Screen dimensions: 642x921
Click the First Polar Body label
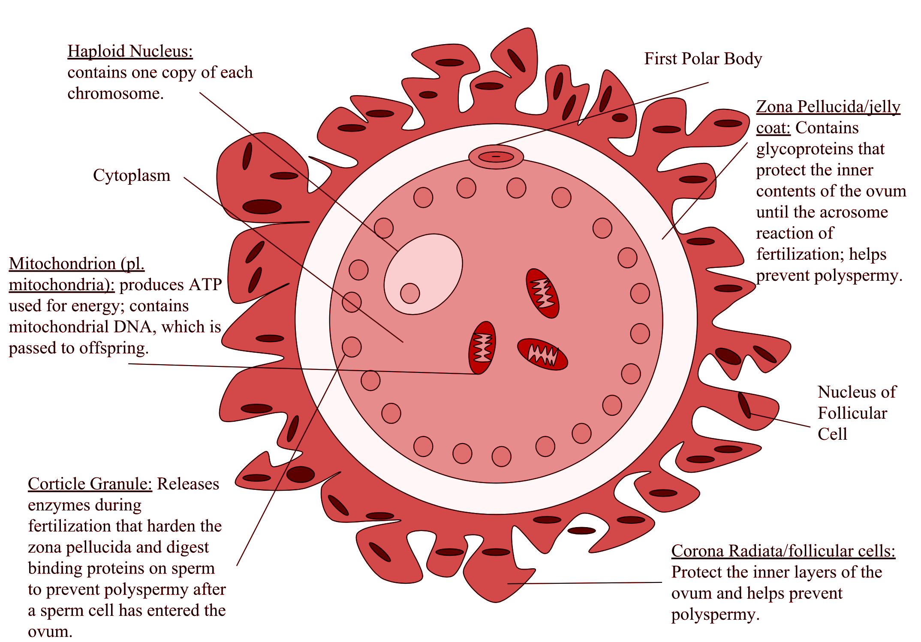coord(703,59)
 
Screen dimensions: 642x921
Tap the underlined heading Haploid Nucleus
coord(130,51)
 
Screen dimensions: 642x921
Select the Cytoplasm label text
coord(132,175)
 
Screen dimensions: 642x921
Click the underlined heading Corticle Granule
coord(90,484)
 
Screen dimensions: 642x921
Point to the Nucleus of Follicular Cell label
coord(856,413)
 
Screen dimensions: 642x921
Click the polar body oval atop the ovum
coord(496,157)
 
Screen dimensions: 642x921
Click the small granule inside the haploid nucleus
coord(410,294)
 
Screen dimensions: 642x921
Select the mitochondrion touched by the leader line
coord(482,348)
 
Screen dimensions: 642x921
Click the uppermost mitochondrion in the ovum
coord(542,294)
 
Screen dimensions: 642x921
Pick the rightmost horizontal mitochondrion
coord(542,354)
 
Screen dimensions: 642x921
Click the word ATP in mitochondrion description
coord(205,285)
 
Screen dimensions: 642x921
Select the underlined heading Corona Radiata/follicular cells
coord(783,551)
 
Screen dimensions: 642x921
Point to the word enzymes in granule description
coord(84,505)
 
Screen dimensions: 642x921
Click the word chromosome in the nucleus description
coord(115,93)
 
